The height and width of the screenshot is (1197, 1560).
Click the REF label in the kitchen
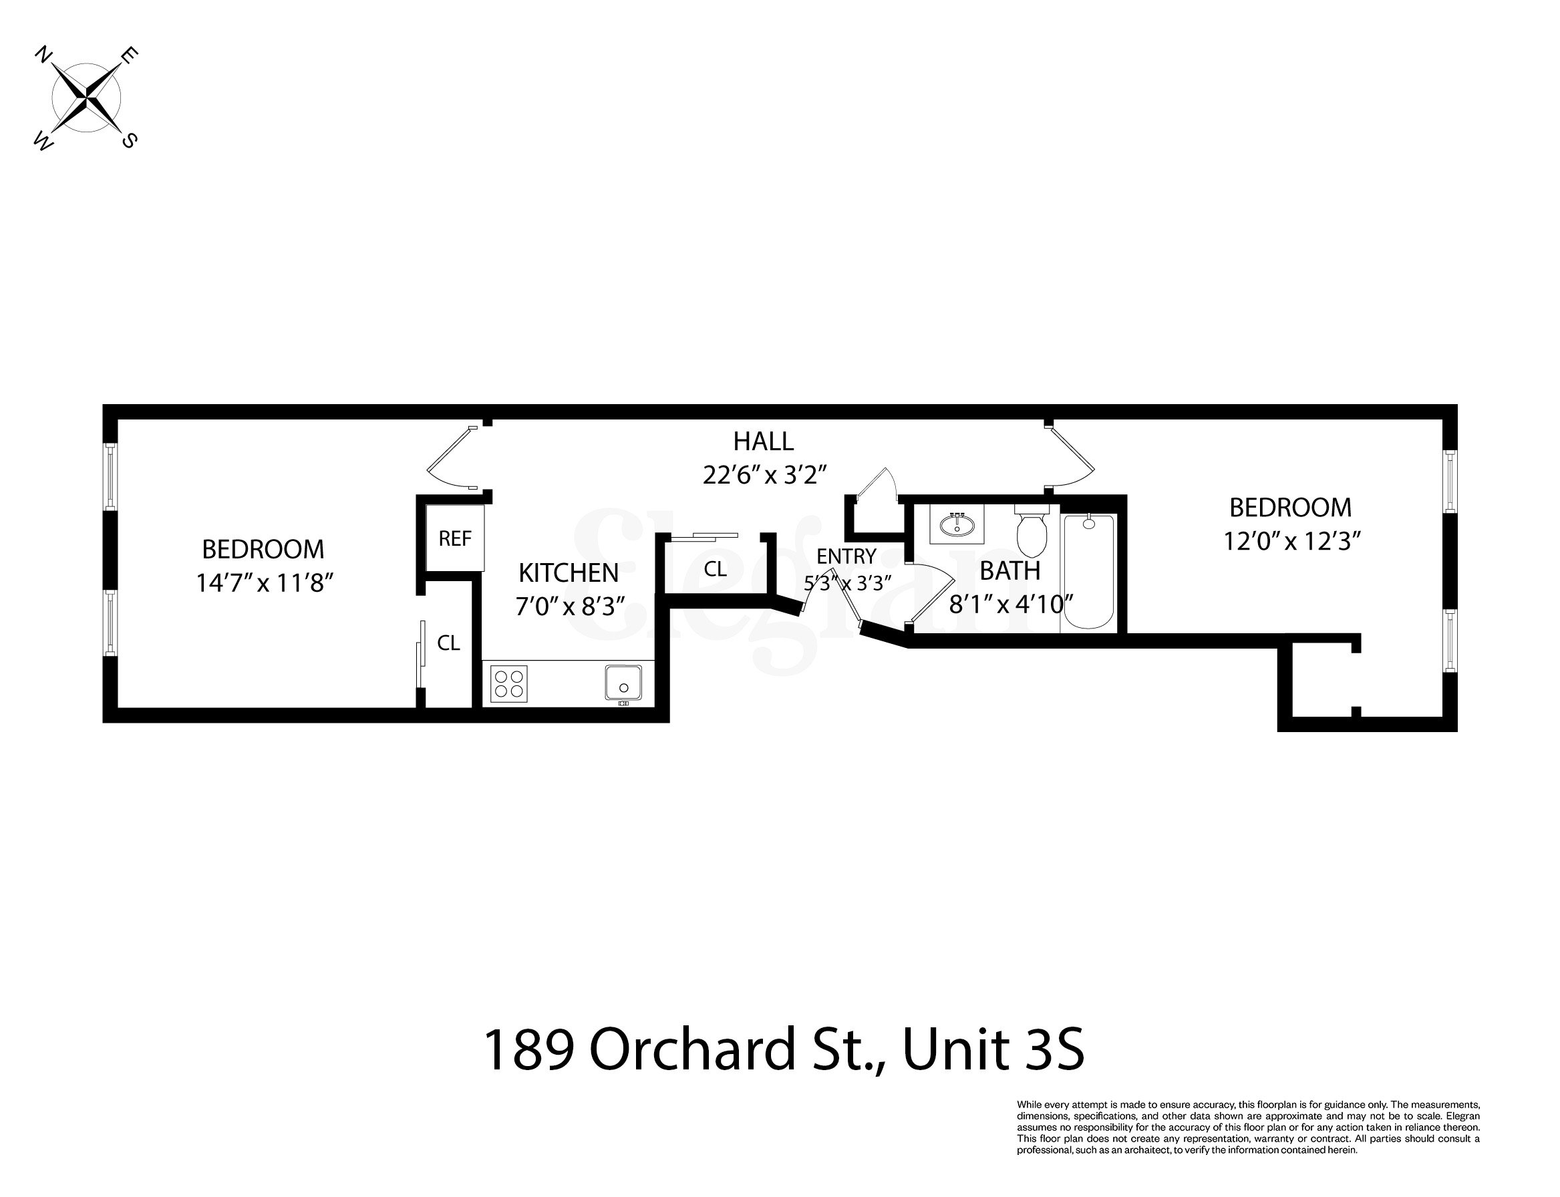[455, 538]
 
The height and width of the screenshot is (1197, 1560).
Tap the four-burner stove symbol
[509, 684]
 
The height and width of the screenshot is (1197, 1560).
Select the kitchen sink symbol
[623, 683]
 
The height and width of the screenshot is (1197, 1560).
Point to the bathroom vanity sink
[957, 525]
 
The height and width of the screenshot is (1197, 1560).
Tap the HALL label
[763, 442]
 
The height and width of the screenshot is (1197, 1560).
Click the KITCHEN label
[568, 573]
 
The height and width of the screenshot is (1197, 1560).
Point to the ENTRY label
[846, 556]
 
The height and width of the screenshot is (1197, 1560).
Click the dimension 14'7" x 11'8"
[265, 584]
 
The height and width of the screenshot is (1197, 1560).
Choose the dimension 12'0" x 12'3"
[1292, 542]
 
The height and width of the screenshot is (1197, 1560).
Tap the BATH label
[1010, 570]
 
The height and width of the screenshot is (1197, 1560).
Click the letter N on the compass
[43, 55]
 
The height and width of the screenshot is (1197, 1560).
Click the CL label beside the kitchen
[715, 569]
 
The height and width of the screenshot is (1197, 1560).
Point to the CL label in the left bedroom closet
[448, 643]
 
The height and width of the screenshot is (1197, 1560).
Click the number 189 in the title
[528, 1049]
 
